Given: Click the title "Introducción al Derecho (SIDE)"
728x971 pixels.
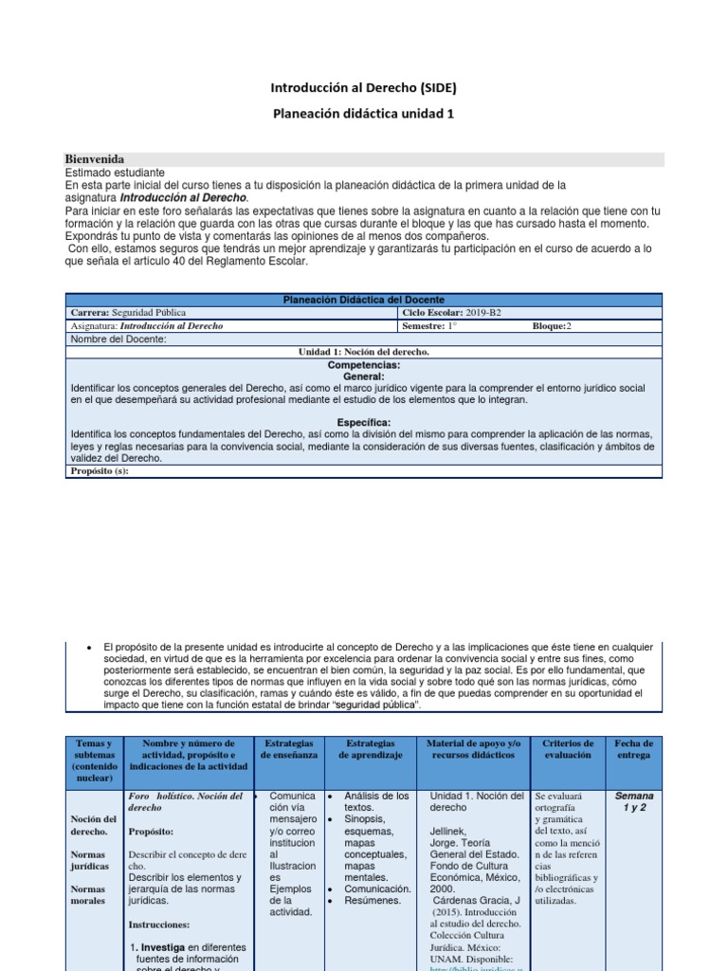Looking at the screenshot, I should point(363,88).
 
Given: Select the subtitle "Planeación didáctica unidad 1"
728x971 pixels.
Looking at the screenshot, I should point(363,114).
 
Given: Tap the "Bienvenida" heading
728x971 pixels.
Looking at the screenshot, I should point(95,159).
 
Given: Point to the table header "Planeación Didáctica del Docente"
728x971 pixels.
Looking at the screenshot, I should point(364,300).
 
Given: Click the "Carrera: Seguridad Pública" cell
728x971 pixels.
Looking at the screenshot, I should point(129,313).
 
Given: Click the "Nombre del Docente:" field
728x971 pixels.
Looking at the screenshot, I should point(119,339).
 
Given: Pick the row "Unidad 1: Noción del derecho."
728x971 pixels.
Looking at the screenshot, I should point(364,352).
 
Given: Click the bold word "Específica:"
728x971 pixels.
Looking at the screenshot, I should point(364,422).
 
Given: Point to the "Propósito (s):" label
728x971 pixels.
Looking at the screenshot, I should point(100,471).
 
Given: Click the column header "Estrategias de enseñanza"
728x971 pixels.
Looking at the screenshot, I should point(290,749).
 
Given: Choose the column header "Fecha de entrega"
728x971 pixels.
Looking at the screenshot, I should point(632,749).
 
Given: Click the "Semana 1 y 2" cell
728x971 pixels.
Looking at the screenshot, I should point(633,802).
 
